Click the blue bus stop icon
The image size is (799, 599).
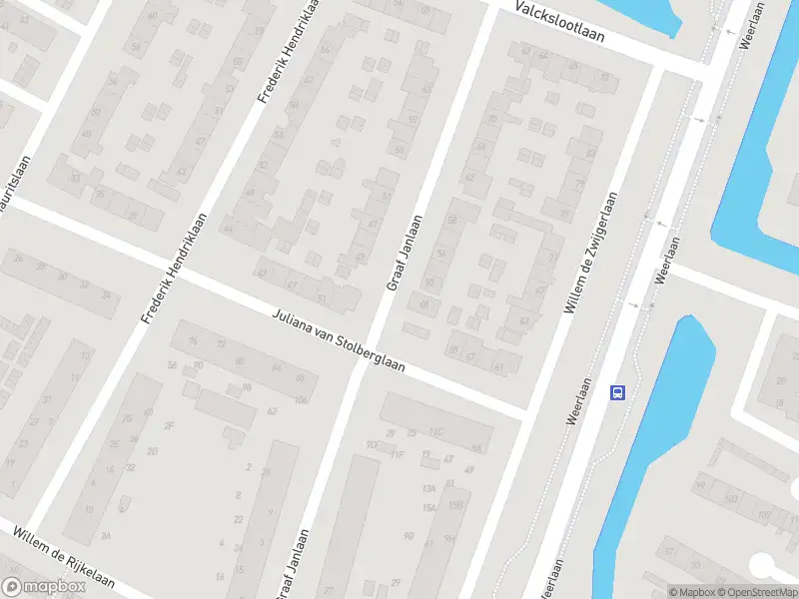coord(618,392)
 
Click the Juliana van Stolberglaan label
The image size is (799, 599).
coord(339,340)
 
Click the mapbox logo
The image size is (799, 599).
coord(44,587)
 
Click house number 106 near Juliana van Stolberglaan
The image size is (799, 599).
coord(302,399)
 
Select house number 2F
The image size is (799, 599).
coord(169,426)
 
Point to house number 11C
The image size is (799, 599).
coord(435,432)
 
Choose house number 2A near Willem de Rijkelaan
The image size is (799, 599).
coord(105,536)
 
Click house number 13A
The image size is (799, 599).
coord(429,488)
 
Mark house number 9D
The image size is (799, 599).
coord(372,445)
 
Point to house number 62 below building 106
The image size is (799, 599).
coord(272,411)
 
